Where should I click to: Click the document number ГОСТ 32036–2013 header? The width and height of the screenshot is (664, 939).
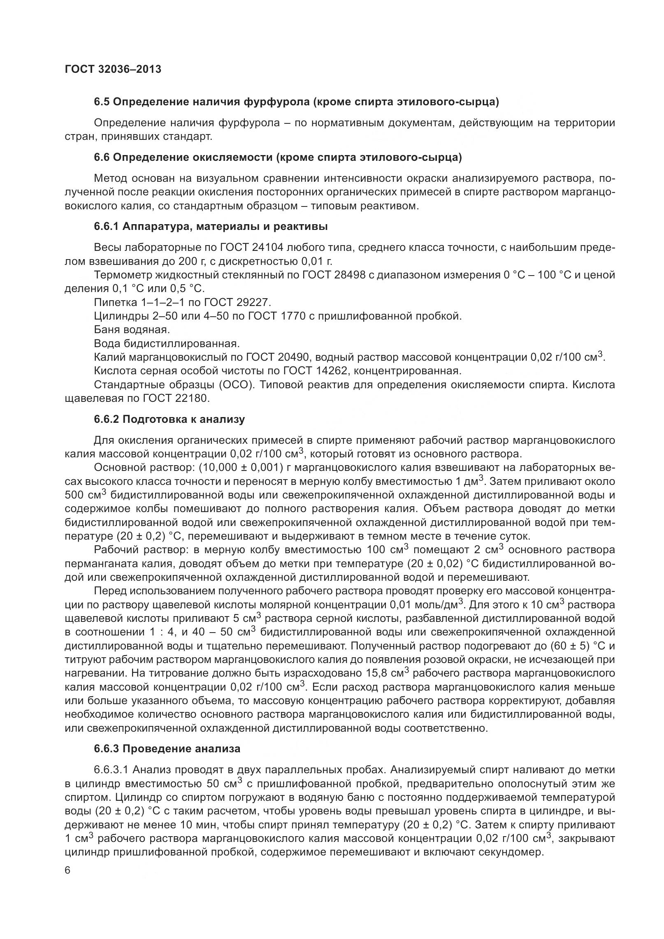pos(113,70)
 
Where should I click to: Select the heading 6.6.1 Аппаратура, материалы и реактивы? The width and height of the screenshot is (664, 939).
pos(211,227)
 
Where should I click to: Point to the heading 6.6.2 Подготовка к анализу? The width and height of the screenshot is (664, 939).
pos(169,419)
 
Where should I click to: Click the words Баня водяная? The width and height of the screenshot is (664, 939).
pos(132,330)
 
